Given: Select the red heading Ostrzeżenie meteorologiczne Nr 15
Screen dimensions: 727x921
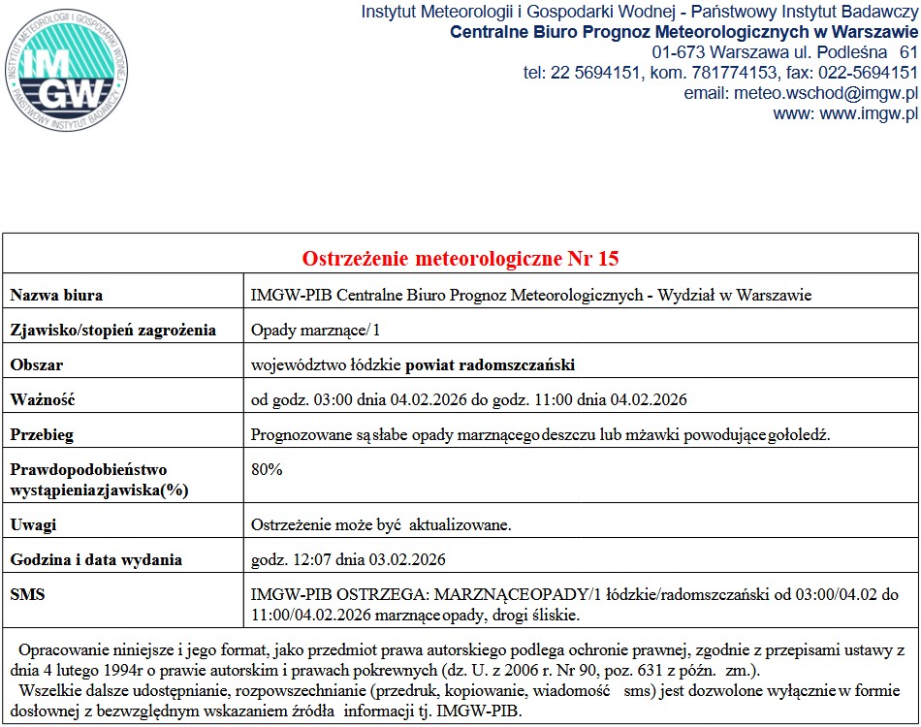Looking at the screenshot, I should (x=460, y=259).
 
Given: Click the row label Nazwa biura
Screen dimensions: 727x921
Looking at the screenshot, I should (x=56, y=295).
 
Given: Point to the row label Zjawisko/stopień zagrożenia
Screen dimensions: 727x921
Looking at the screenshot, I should (x=113, y=330).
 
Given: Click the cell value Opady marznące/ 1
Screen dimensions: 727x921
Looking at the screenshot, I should (x=316, y=330).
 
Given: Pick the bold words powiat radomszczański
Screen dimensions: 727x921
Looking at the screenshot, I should (x=491, y=364).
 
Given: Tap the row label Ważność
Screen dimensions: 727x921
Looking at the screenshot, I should (x=43, y=399).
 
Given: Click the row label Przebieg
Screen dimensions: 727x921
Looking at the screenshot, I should (x=42, y=434).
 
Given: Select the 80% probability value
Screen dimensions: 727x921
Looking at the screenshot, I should (x=267, y=469).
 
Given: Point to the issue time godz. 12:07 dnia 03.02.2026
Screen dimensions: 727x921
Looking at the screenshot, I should (x=348, y=559).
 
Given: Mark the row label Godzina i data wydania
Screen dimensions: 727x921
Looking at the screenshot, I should (x=96, y=559).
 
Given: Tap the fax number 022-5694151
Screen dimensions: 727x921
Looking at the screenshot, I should (x=863, y=72).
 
